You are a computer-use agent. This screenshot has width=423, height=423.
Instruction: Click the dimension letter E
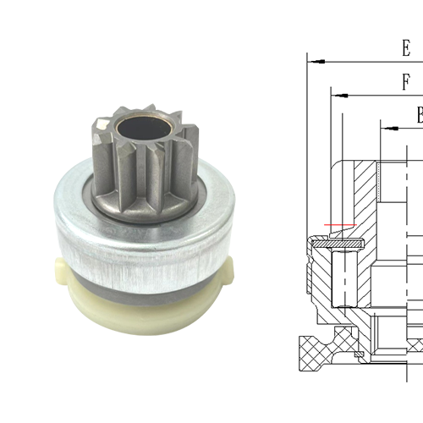tap(405, 47)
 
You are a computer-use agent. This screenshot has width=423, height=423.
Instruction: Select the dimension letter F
tap(406, 82)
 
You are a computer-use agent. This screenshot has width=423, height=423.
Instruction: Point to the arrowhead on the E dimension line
tap(313, 61)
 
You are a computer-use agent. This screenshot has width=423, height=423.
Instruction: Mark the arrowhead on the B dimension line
tap(386, 128)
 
